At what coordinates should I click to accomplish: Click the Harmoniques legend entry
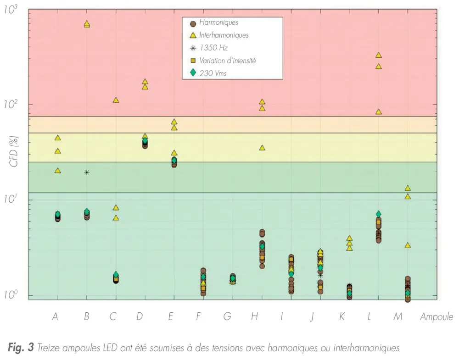(x=218, y=22)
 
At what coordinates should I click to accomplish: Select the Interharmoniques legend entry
(x=224, y=35)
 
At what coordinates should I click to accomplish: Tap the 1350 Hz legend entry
(x=213, y=48)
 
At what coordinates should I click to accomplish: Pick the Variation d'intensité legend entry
(x=227, y=61)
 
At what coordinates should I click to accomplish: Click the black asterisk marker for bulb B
(x=86, y=172)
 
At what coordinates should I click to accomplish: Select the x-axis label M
(x=397, y=316)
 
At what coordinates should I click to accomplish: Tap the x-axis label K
(x=341, y=316)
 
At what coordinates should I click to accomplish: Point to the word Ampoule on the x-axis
(x=436, y=316)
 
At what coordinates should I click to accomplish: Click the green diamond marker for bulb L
(x=379, y=214)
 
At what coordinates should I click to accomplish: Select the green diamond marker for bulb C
(x=116, y=275)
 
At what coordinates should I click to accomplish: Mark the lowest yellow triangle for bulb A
(x=57, y=170)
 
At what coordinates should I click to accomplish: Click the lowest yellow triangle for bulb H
(x=262, y=148)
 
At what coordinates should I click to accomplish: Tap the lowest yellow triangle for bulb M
(x=408, y=245)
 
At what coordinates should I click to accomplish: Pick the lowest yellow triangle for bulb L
(x=379, y=111)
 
